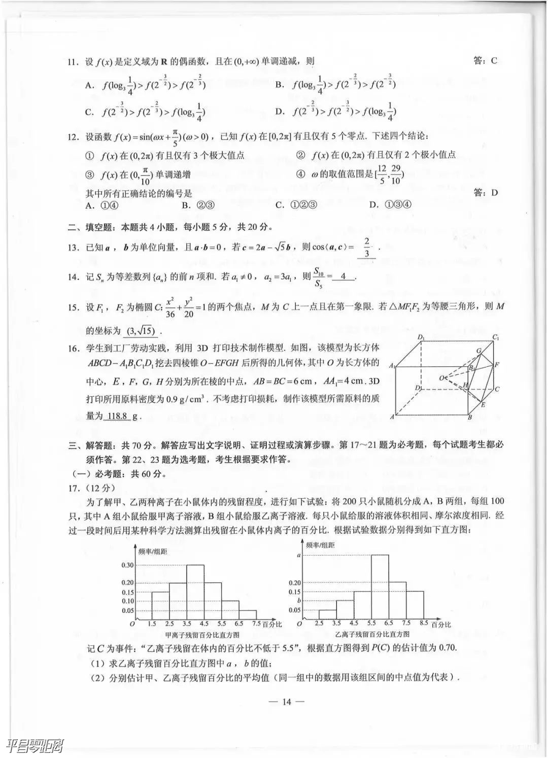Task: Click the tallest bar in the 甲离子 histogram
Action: click(195, 591)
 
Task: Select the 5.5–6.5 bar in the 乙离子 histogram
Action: click(380, 587)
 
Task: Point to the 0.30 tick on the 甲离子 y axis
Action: click(127, 565)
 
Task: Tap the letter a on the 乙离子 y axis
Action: click(299, 555)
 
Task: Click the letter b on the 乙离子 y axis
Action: click(299, 601)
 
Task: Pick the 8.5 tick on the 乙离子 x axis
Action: click(424, 623)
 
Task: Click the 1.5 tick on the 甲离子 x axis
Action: click(152, 624)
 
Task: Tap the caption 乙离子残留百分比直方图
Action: click(372, 634)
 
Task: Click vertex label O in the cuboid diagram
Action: click(441, 377)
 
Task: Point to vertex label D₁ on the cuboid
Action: click(421, 337)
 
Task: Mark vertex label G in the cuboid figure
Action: click(478, 351)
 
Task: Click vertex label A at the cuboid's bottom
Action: click(392, 417)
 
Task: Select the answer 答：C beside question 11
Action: click(485, 61)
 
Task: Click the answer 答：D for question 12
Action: click(485, 193)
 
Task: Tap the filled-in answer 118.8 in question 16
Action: click(117, 416)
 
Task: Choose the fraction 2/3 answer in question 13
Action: click(366, 248)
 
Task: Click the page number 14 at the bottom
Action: click(287, 702)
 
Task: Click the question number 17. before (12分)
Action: click(74, 488)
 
